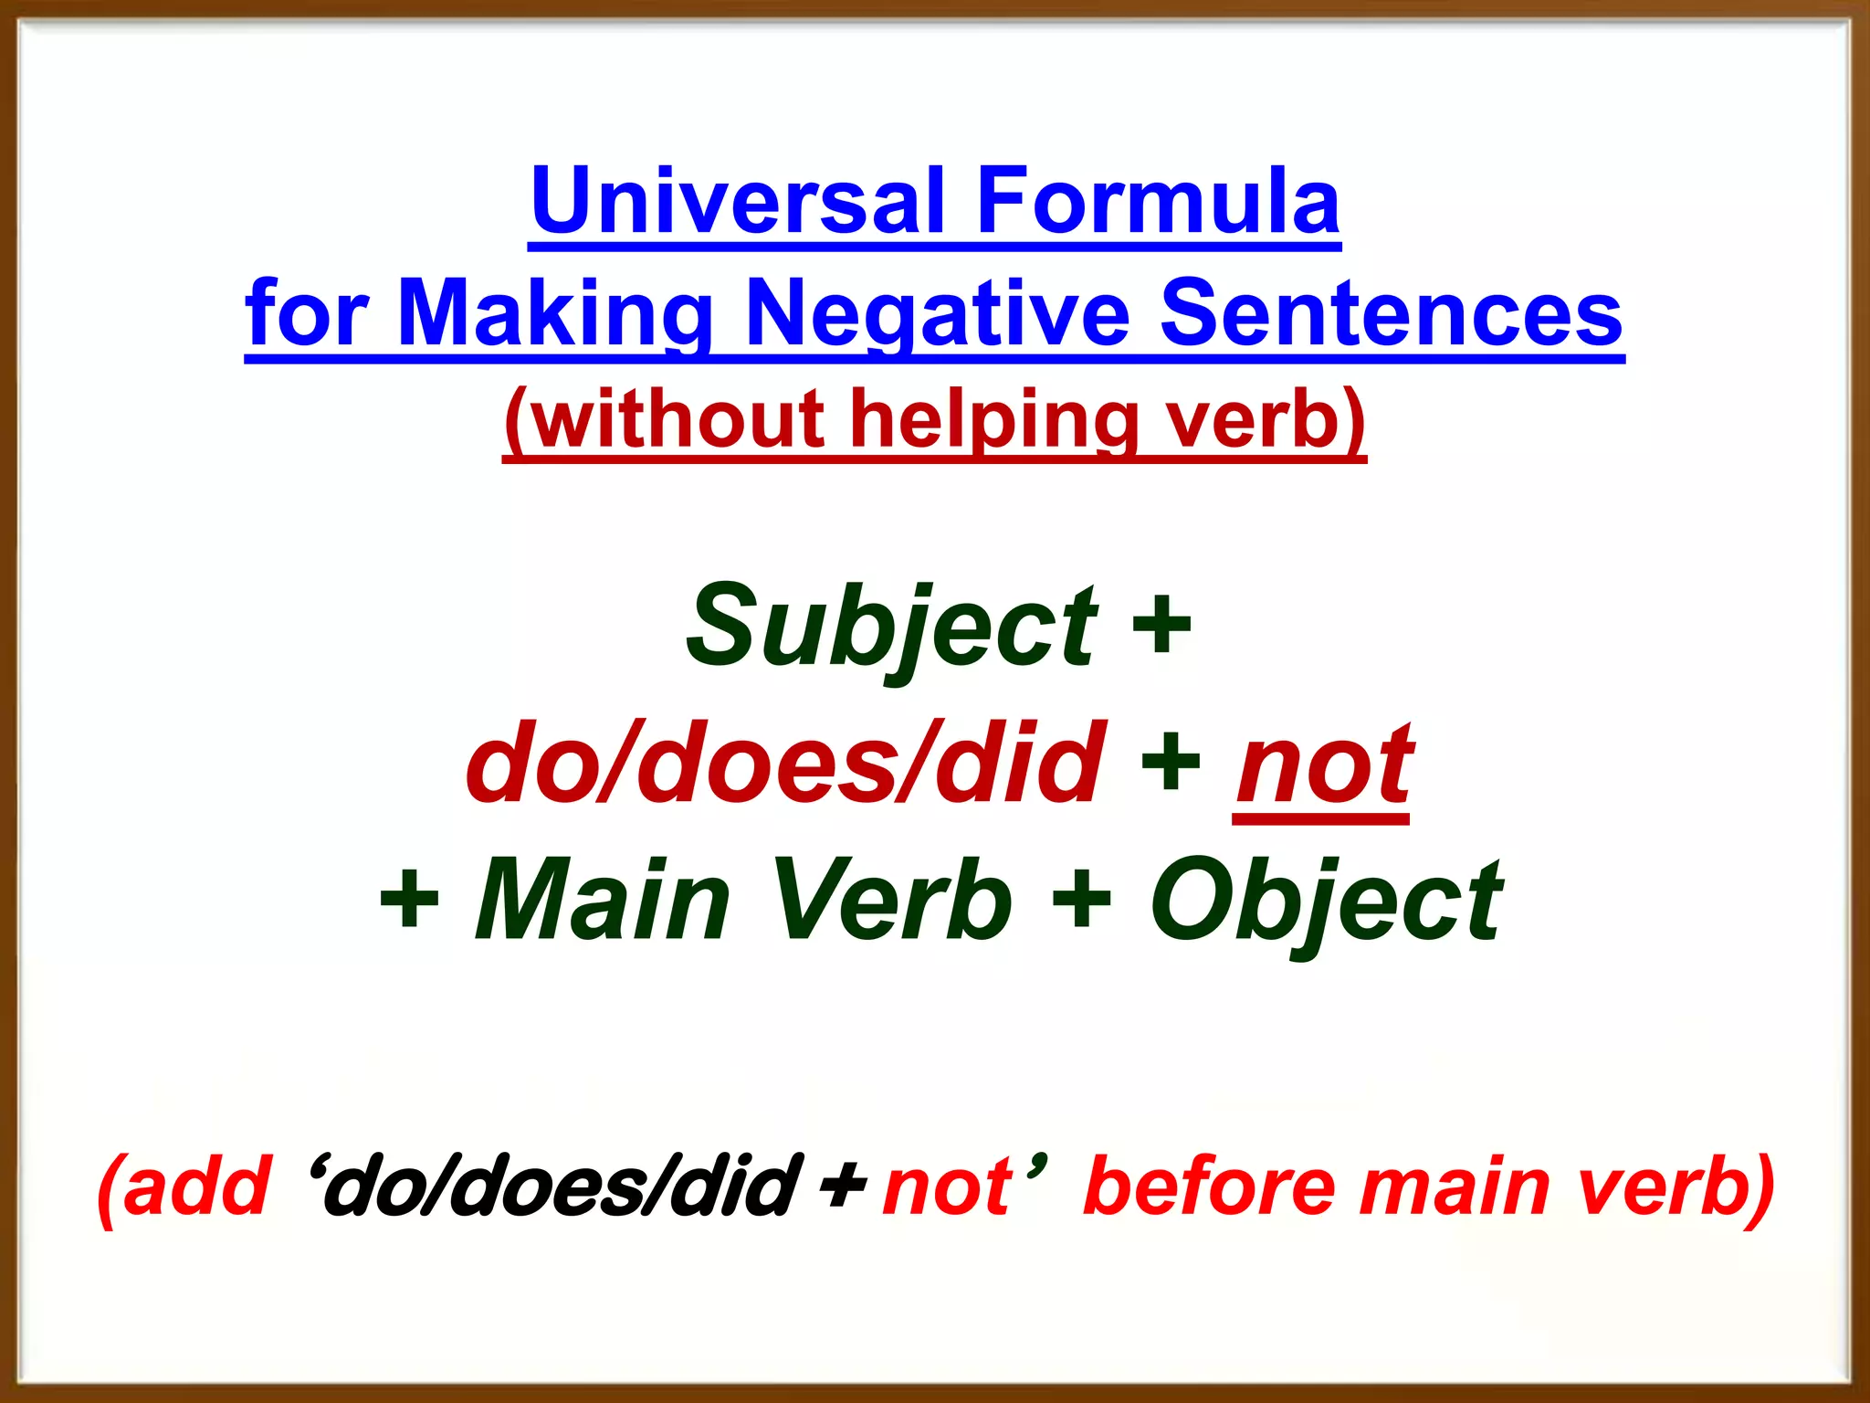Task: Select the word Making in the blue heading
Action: click(x=555, y=313)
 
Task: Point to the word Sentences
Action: click(x=1391, y=313)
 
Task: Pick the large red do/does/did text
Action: click(x=785, y=764)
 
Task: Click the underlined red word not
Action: click(x=1323, y=764)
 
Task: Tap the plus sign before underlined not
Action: click(x=1171, y=764)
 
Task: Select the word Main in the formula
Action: click(x=603, y=900)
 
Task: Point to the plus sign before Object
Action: click(x=1081, y=900)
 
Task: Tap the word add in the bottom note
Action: click(x=196, y=1187)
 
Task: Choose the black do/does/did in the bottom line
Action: click(x=562, y=1187)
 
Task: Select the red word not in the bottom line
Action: click(x=947, y=1187)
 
